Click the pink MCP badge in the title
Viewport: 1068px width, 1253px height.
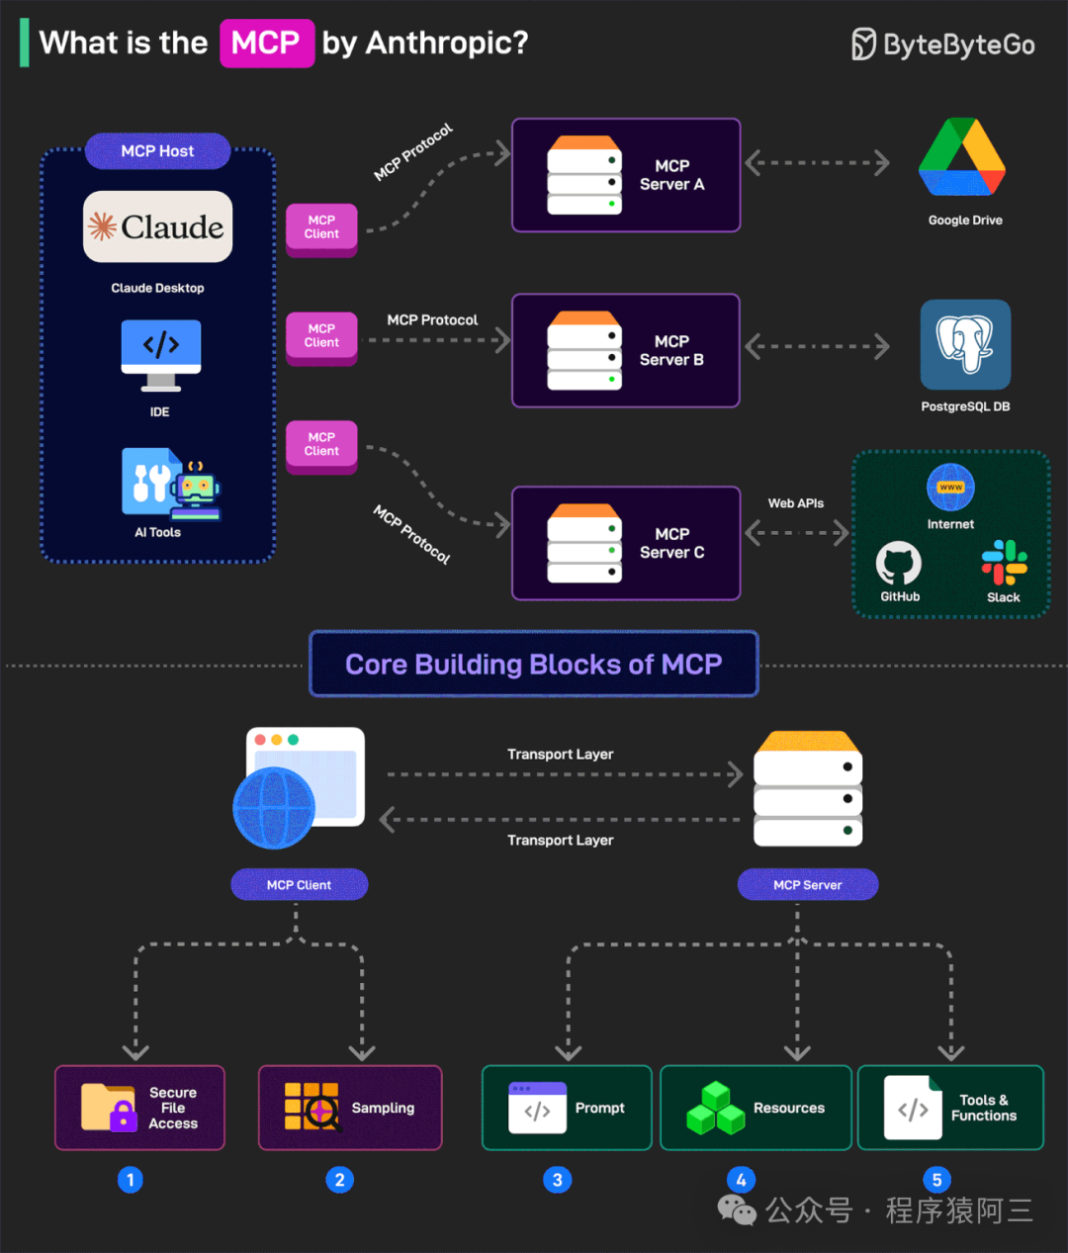click(267, 44)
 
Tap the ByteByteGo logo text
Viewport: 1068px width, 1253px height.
click(959, 45)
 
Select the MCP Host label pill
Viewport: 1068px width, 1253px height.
click(157, 151)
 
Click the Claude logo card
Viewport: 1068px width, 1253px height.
click(157, 226)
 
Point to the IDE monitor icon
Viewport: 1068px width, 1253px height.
click(160, 355)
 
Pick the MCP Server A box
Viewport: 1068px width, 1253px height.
click(626, 175)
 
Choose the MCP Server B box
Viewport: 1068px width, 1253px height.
click(626, 350)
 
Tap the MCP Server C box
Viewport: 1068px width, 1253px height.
click(626, 543)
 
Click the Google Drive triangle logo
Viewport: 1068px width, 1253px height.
click(962, 157)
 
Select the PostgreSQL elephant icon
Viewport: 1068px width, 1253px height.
click(965, 344)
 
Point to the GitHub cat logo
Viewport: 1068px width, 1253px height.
click(899, 564)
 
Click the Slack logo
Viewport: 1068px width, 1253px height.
click(1005, 563)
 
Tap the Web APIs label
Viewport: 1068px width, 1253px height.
click(796, 503)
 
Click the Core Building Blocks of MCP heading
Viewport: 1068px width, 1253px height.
click(533, 665)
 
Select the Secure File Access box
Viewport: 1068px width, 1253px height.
click(140, 1108)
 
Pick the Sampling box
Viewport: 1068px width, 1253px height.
click(350, 1108)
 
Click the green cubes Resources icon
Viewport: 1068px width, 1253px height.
click(715, 1108)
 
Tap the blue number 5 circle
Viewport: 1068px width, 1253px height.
click(937, 1180)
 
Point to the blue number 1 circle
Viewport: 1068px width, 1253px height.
click(131, 1180)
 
